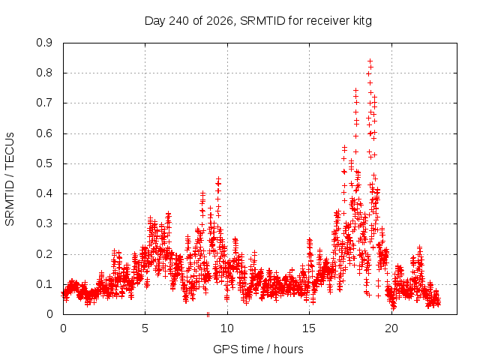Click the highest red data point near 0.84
coord(370,61)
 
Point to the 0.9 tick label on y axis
coord(44,43)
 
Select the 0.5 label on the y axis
coord(44,163)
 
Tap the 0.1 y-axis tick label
coord(44,284)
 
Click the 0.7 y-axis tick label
coord(44,103)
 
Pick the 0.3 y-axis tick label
coord(44,223)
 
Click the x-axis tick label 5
coord(145,328)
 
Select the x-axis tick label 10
coord(227,328)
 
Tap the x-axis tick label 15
coord(309,328)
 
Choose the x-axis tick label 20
coord(391,328)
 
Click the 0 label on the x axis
coord(63,328)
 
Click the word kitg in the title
coord(361,21)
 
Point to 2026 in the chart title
coord(220,21)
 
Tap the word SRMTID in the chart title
coord(263,21)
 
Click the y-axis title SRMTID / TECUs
coord(10,179)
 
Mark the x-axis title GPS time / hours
coord(258,349)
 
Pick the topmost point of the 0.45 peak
coord(218,178)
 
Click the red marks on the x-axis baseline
coord(208,314)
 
